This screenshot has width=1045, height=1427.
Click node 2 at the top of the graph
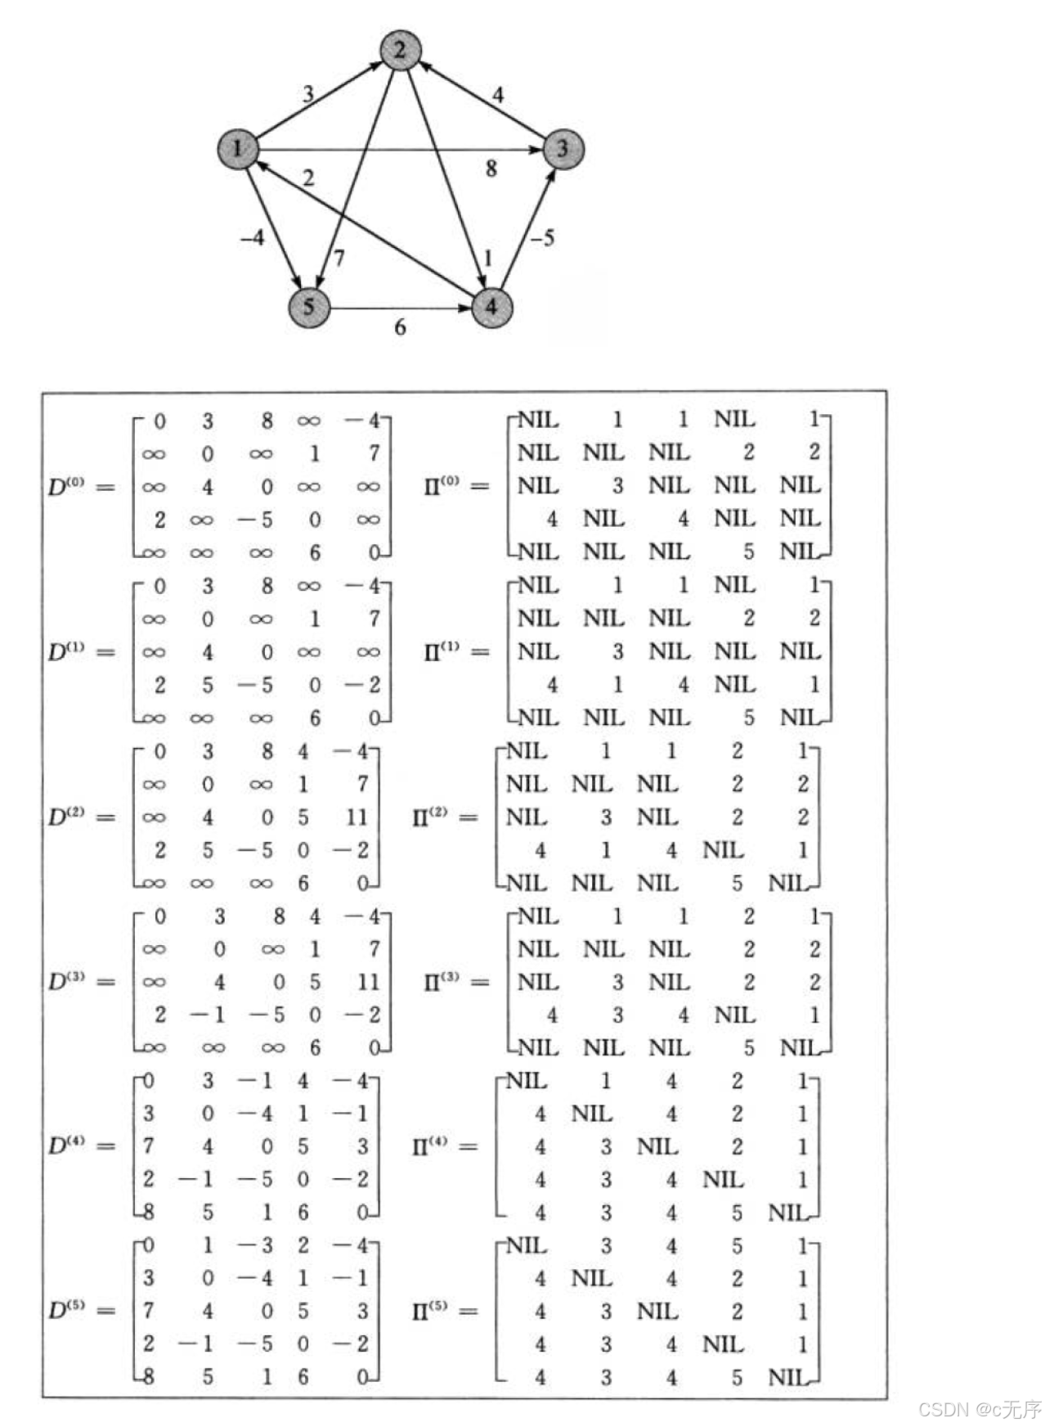point(400,50)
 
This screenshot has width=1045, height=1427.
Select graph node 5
point(309,307)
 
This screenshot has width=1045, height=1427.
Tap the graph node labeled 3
point(562,149)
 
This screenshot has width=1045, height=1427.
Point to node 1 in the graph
point(238,149)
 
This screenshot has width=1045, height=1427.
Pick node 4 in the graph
point(491,307)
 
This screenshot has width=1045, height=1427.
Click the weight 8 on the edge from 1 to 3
point(491,169)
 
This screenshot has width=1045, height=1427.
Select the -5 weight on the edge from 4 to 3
point(542,237)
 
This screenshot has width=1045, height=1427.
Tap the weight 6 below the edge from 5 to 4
point(400,327)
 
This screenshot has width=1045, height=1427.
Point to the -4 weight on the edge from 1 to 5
point(253,237)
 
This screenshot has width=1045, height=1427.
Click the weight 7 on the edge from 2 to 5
point(339,259)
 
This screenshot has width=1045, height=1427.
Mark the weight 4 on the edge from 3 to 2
point(497,95)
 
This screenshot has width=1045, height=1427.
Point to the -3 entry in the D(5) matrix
point(254,1245)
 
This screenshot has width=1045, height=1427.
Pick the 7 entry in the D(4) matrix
point(148,1146)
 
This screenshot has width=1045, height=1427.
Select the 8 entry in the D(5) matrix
point(148,1376)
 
